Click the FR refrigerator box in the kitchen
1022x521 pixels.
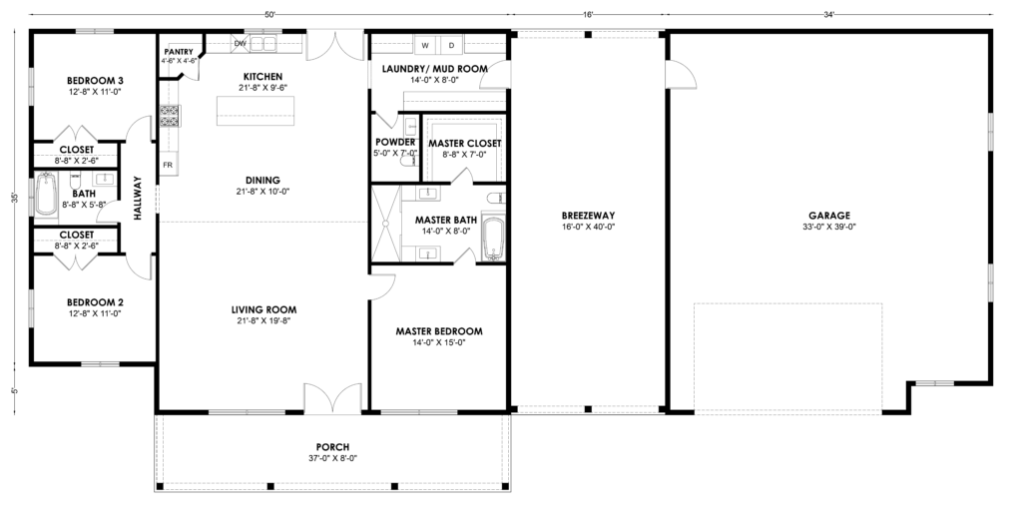click(168, 165)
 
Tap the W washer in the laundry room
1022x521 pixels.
click(425, 45)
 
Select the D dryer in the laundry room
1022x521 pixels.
click(451, 45)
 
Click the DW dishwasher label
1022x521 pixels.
click(240, 44)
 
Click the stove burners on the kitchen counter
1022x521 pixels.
click(170, 116)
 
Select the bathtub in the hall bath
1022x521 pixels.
click(46, 194)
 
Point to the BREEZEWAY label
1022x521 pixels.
click(588, 216)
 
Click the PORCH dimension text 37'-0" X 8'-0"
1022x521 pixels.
click(332, 458)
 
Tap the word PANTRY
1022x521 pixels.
click(179, 52)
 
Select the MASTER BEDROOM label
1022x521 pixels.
click(439, 331)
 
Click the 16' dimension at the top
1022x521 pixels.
click(588, 14)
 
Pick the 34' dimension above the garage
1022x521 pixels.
click(829, 14)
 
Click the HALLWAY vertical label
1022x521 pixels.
click(138, 198)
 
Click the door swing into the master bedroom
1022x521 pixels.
click(382, 285)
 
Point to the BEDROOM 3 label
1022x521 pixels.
click(95, 81)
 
